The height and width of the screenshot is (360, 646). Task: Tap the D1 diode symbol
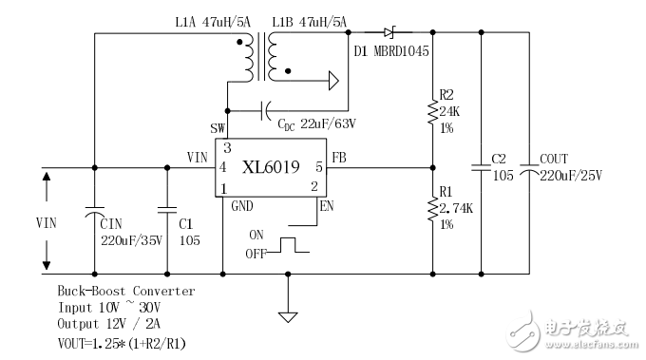[x=388, y=32]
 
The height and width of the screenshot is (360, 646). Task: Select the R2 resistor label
[x=446, y=94]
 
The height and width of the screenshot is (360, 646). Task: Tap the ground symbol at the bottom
[x=286, y=312]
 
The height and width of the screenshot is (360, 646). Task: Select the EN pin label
[x=327, y=204]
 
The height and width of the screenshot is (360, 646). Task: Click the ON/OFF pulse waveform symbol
[x=288, y=244]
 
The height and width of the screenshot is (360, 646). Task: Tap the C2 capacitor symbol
[x=482, y=169]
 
